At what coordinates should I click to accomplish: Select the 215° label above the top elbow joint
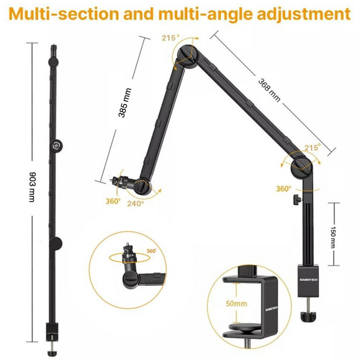click(170, 38)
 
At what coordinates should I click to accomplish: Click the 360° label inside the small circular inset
click(151, 251)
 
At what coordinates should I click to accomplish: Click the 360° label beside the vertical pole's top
click(284, 188)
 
